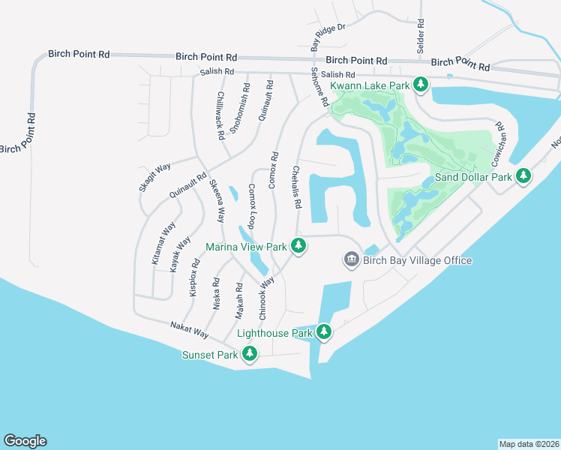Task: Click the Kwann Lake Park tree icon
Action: click(x=421, y=85)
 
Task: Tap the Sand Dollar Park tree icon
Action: click(x=523, y=177)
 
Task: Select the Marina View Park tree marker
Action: click(x=298, y=246)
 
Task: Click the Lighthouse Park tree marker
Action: click(x=324, y=332)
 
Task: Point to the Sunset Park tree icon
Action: click(x=249, y=354)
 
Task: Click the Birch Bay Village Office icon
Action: click(x=351, y=260)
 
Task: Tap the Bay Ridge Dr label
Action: click(x=325, y=30)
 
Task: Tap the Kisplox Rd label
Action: click(x=194, y=277)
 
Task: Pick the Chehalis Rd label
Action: click(x=297, y=187)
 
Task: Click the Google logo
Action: click(x=25, y=441)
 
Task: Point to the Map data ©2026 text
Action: click(x=529, y=443)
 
